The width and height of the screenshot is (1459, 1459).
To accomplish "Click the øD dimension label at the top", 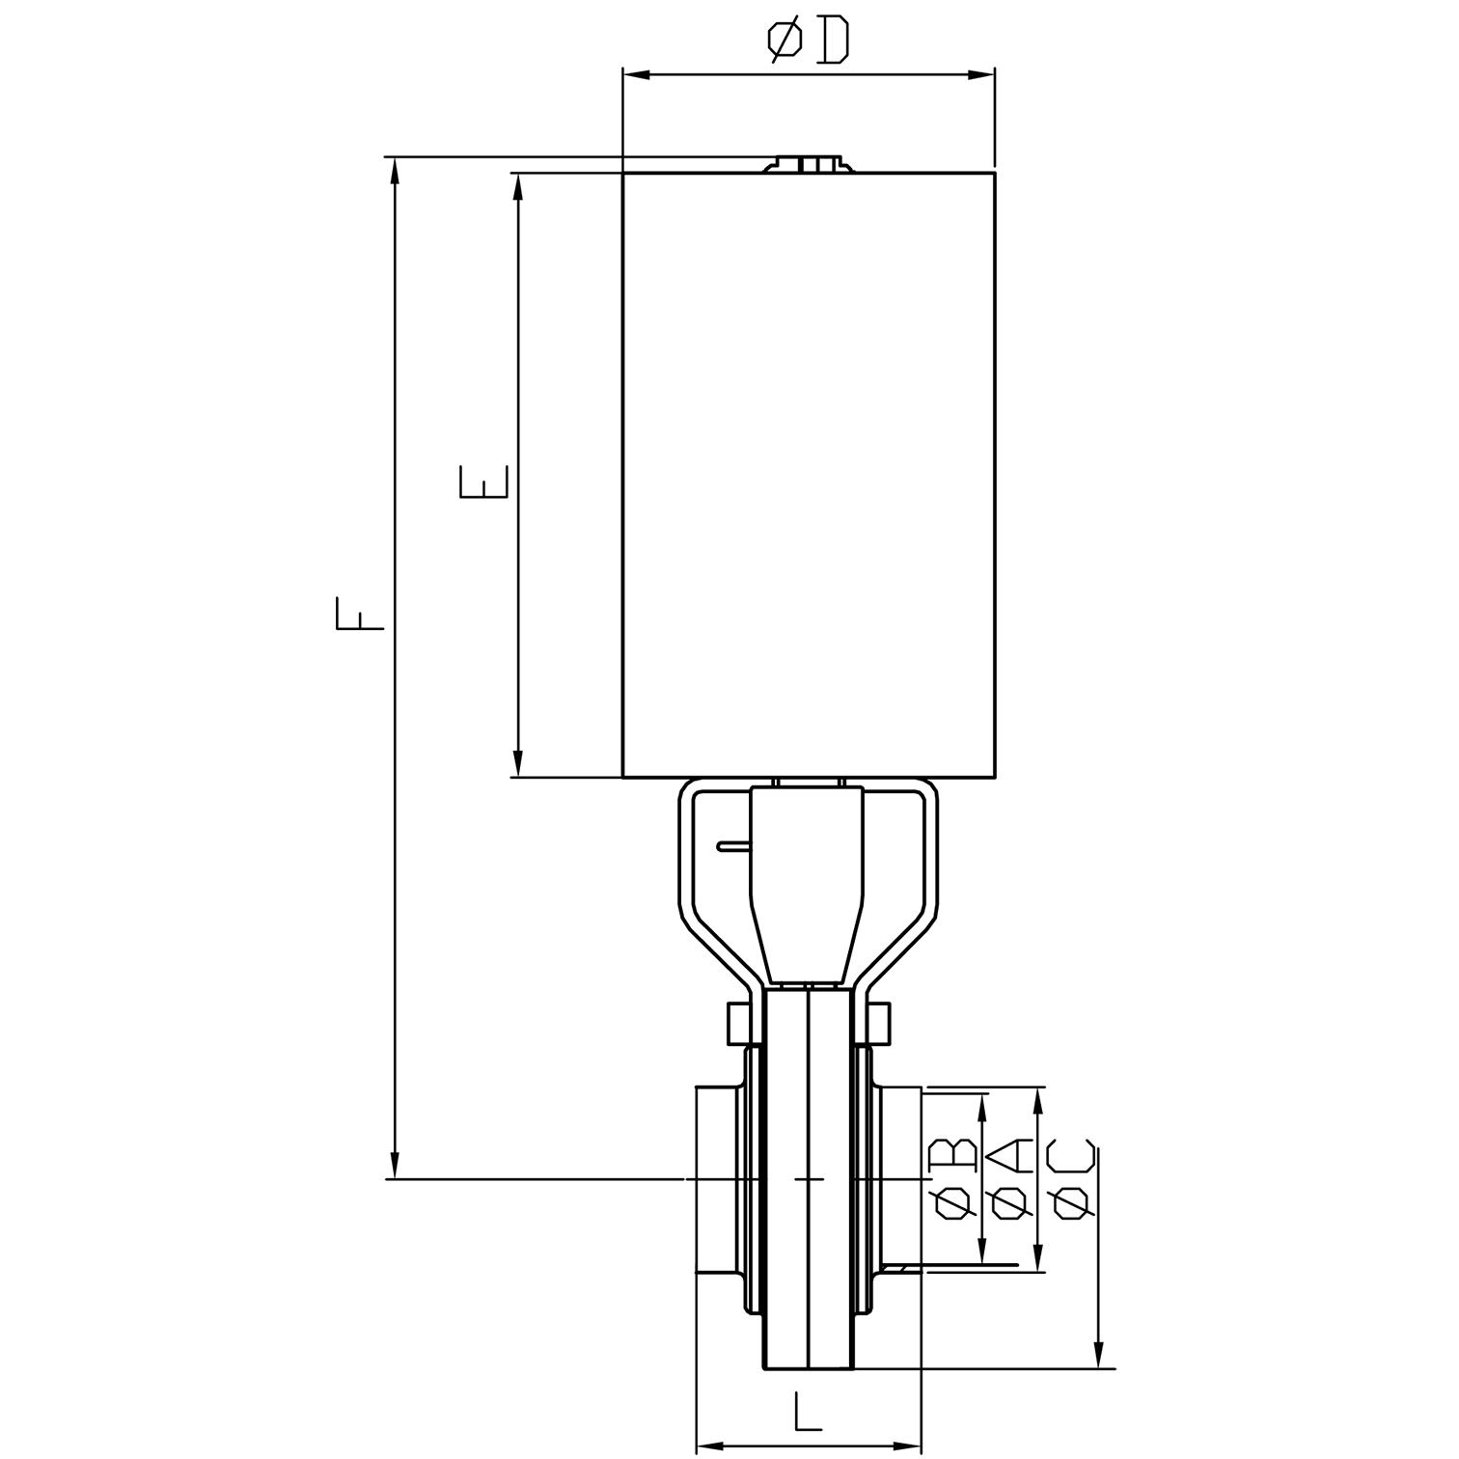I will click(x=809, y=41).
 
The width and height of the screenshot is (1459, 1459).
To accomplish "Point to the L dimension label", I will click(x=808, y=1413).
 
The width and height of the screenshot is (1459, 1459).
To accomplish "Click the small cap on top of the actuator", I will click(x=809, y=164).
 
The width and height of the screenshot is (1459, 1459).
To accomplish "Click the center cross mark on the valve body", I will click(x=809, y=1179).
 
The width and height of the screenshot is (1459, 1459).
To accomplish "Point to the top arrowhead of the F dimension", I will click(x=394, y=170).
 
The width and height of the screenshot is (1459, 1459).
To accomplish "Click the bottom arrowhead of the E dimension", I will click(x=518, y=765).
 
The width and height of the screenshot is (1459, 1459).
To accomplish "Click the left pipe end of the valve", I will click(x=716, y=1179).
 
